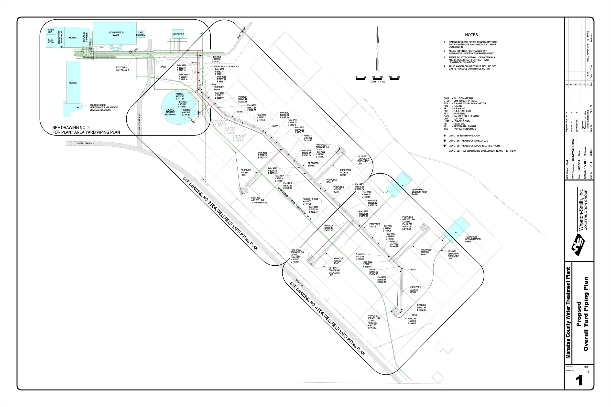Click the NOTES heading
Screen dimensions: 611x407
(x=471, y=35)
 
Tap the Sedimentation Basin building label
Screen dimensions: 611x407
(x=116, y=34)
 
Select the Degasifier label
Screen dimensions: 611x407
(x=178, y=34)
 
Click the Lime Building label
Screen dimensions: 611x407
(x=141, y=34)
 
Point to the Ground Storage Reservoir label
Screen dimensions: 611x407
(x=170, y=112)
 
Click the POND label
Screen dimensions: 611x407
(x=163, y=67)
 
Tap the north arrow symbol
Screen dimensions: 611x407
(x=377, y=49)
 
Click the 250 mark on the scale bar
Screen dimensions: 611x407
(x=399, y=77)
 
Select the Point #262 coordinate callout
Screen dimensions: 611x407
(x=216, y=59)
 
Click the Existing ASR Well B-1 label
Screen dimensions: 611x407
(x=122, y=69)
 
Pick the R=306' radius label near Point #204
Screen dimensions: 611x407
(x=240, y=112)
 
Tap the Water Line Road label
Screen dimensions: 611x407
(x=85, y=144)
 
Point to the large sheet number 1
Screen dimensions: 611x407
(x=579, y=381)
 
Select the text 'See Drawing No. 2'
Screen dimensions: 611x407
(x=71, y=127)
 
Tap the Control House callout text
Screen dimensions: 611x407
(x=104, y=107)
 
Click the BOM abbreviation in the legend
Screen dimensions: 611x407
(x=446, y=98)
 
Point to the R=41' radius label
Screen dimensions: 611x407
(x=414, y=270)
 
